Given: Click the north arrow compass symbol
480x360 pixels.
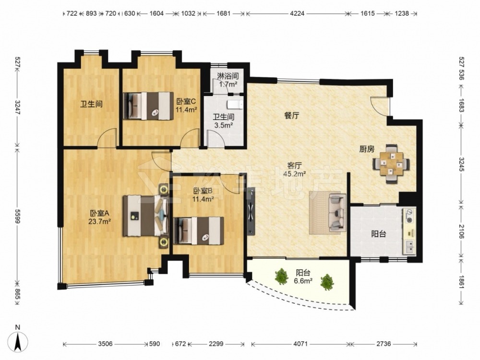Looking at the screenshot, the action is pyautogui.click(x=18, y=341).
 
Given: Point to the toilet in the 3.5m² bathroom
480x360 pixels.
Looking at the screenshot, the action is pyautogui.click(x=235, y=104).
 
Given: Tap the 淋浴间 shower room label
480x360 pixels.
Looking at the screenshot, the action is pyautogui.click(x=228, y=76).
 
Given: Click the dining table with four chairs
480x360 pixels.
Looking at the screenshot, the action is pyautogui.click(x=391, y=164).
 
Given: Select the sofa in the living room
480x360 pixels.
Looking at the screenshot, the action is pyautogui.click(x=337, y=213).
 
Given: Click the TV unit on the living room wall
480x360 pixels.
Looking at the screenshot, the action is pyautogui.click(x=251, y=211).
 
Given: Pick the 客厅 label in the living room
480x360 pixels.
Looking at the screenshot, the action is pyautogui.click(x=295, y=166).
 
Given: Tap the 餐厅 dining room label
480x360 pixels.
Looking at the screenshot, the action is pyautogui.click(x=292, y=115).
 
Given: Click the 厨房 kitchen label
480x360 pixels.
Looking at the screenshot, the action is pyautogui.click(x=367, y=149).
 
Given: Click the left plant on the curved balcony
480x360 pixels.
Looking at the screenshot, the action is pyautogui.click(x=281, y=276).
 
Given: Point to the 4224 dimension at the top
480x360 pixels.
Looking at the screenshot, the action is pyautogui.click(x=297, y=13).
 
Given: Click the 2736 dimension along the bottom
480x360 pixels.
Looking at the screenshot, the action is pyautogui.click(x=384, y=344).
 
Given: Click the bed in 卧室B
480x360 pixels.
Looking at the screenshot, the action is pyautogui.click(x=198, y=230).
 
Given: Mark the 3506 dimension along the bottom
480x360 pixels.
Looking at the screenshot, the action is pyautogui.click(x=105, y=344).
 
